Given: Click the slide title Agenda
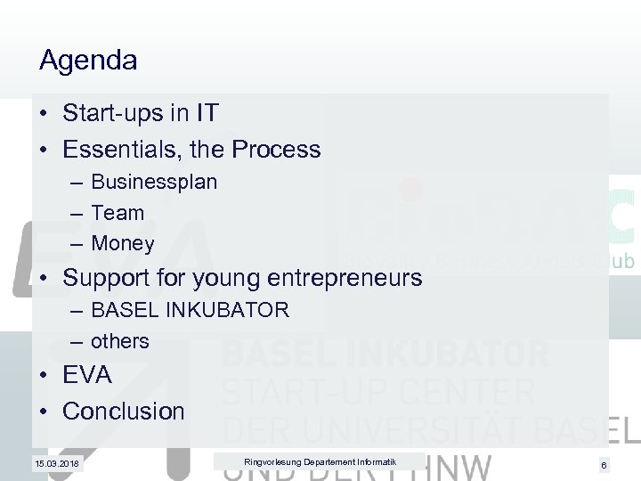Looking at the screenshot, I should [88, 61].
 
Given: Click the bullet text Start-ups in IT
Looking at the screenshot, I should [141, 114].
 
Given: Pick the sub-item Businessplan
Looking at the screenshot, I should [154, 183].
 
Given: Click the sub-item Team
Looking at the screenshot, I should [118, 213].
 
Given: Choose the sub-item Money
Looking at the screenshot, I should [123, 243].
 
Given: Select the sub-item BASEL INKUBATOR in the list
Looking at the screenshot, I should [190, 310].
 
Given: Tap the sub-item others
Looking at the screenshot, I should [120, 341].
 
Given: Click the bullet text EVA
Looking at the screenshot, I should [87, 376].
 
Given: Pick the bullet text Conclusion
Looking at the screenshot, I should [124, 412].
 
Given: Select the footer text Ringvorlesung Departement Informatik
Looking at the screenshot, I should [307, 461].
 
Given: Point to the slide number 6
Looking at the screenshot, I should [604, 465].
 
